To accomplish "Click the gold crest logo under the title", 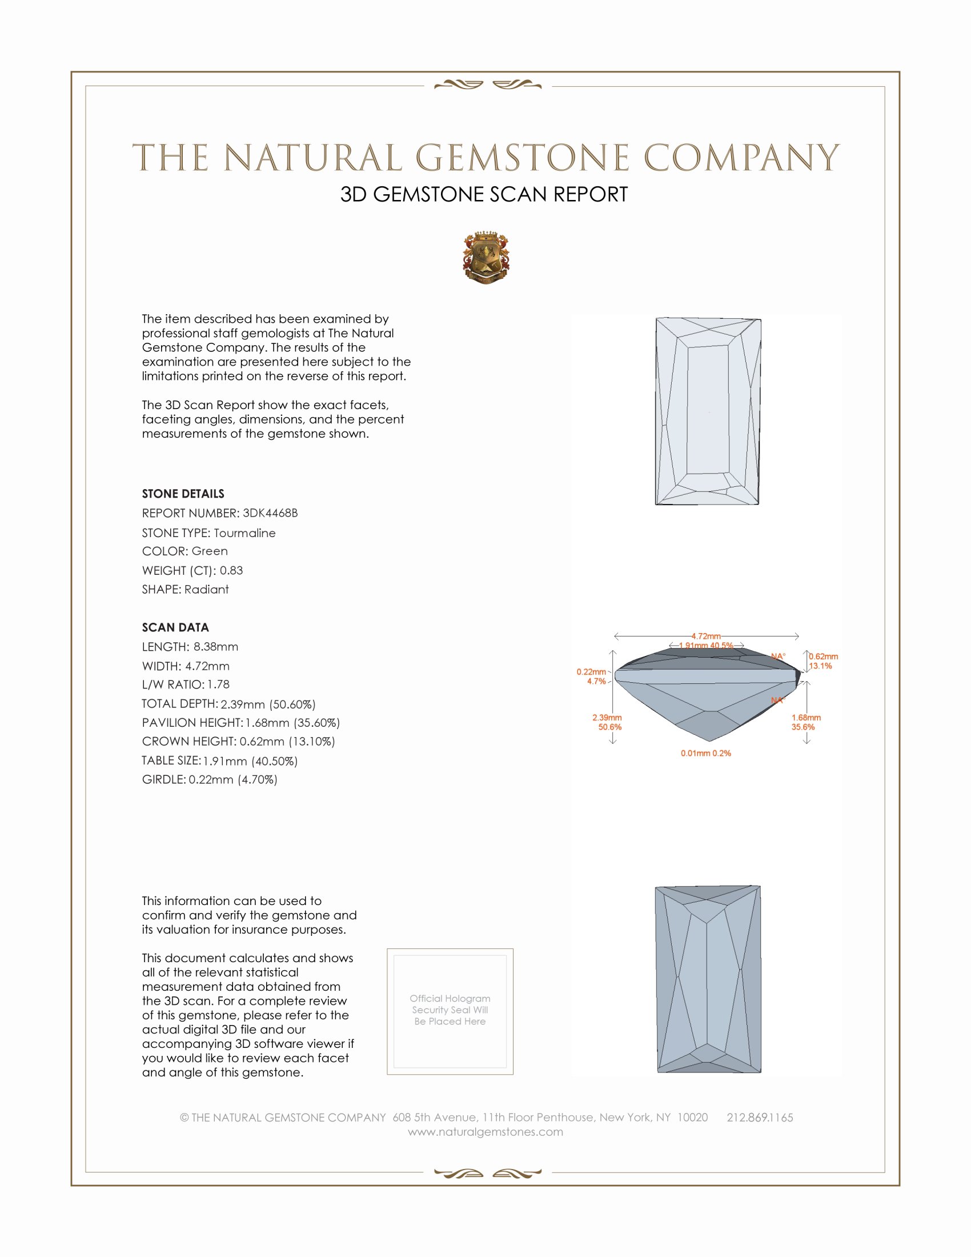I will [485, 258].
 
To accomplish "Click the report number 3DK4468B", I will [270, 513].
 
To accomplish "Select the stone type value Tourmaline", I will [244, 533].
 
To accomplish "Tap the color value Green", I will [210, 551].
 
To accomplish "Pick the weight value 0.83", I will [231, 570].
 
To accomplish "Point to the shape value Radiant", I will [207, 590].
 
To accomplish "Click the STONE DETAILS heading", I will [183, 494].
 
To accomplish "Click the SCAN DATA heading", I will [175, 627].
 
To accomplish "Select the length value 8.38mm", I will [216, 647].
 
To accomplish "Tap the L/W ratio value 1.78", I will [219, 684].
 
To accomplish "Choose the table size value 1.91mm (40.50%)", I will [250, 761].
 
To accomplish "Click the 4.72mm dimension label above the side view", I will [706, 636].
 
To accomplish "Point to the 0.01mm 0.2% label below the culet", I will [706, 754].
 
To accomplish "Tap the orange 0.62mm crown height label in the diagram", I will [823, 656].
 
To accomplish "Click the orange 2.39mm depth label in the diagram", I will [607, 718].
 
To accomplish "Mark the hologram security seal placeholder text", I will [450, 1010].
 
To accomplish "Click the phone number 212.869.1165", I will [759, 1118].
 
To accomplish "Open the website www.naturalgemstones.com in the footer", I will [485, 1132].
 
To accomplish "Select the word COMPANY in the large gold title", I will [741, 158].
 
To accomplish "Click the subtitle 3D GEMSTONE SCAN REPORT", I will [484, 194].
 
